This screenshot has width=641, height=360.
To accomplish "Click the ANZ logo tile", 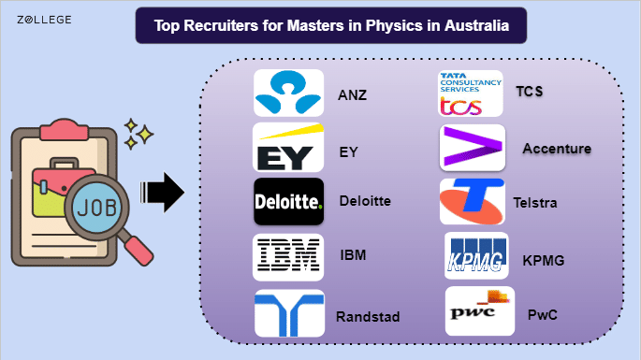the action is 288,93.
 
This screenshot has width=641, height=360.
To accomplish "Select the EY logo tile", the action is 288,148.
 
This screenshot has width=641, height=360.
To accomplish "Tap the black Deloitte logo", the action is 288,201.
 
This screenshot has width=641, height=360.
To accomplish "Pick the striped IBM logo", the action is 288,257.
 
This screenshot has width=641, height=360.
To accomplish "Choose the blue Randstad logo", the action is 289,313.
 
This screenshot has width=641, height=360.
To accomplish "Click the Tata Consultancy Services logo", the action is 471,94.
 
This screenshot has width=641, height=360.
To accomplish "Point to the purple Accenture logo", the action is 473,148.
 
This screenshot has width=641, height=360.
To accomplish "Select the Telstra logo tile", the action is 473,201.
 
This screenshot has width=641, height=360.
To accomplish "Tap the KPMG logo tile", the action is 476,256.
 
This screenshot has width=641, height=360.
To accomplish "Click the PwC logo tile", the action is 480,311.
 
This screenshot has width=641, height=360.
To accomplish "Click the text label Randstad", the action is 368,317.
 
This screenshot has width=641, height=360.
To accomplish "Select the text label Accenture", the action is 557,149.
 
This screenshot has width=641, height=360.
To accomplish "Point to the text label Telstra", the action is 535,203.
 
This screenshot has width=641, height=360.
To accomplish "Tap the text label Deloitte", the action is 365,201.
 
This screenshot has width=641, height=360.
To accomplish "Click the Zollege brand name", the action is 44,20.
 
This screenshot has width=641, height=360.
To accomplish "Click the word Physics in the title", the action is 388,26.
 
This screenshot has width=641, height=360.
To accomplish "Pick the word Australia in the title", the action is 476,25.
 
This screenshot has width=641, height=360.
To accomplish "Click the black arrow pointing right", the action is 162,192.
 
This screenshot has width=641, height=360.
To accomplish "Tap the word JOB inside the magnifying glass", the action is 97,208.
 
